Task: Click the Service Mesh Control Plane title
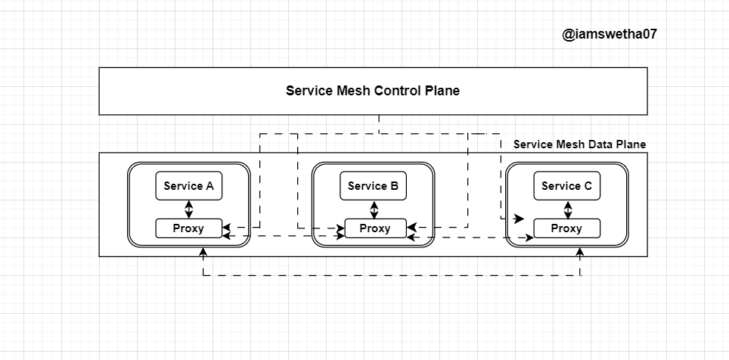[x=372, y=91]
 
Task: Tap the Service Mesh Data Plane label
[x=579, y=144]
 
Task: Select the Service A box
[x=189, y=186]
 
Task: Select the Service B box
[x=374, y=186]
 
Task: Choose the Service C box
[x=566, y=186]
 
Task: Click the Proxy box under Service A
[x=189, y=228]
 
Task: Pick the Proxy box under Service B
[x=374, y=228]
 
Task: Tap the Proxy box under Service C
[x=566, y=228]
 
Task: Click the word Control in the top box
[x=397, y=91]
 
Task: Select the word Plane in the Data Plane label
[x=630, y=144]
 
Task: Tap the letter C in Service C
[x=588, y=186]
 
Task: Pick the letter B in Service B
[x=395, y=186]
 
